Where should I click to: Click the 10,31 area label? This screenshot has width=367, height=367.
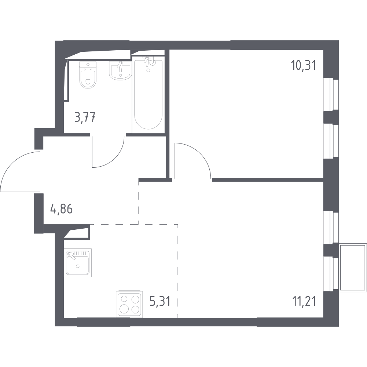(303, 65)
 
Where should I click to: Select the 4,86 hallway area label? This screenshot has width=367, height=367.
(61, 209)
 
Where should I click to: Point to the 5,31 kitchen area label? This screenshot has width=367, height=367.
(159, 301)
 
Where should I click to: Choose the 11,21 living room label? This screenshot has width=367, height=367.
(304, 301)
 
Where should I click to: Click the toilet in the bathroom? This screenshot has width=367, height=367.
(88, 75)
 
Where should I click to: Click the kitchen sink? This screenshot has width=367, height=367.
(78, 262)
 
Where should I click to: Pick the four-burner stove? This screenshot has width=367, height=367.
(129, 304)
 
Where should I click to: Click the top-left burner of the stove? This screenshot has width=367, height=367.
(124, 299)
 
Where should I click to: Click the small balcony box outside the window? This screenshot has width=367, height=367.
(353, 268)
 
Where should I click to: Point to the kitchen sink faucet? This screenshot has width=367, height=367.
(71, 255)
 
